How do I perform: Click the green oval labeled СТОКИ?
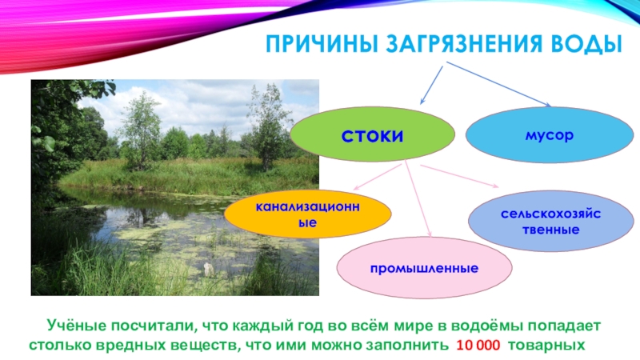[372, 134]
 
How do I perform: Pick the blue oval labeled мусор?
[550, 134]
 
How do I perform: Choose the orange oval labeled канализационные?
[308, 214]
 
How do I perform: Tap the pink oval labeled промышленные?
[424, 268]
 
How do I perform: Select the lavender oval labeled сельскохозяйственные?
[550, 221]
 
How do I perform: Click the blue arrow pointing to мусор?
[498, 84]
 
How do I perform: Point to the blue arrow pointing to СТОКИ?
[432, 85]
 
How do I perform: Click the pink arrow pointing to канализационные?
[378, 177]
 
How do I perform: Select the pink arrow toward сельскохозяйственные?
[459, 176]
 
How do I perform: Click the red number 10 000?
[478, 346]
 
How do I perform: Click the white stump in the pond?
[209, 270]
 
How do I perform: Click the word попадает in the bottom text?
[565, 326]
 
